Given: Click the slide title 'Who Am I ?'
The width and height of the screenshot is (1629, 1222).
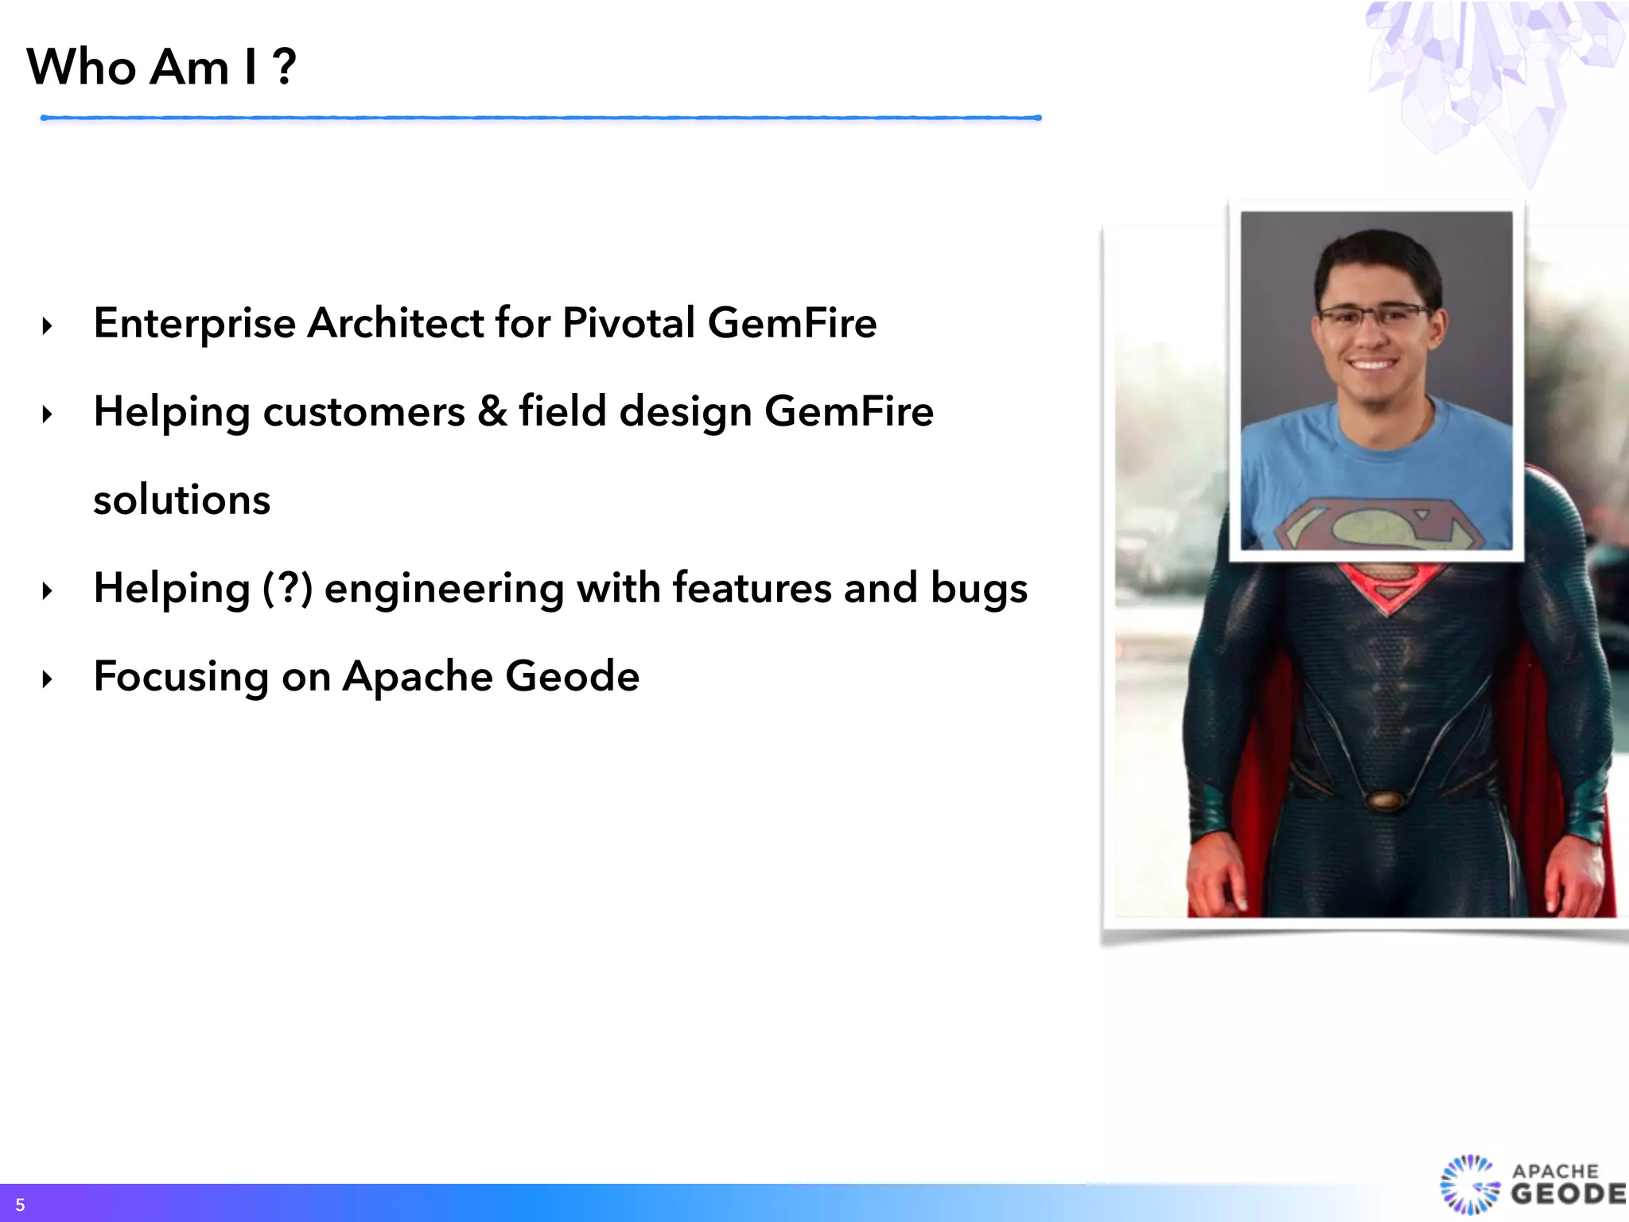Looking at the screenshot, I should [x=161, y=67].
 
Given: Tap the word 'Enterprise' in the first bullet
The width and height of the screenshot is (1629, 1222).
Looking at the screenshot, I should [x=195, y=324].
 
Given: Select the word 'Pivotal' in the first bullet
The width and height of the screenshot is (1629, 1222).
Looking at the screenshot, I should [x=628, y=323].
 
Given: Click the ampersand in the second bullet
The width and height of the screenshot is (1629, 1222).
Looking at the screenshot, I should [x=492, y=411].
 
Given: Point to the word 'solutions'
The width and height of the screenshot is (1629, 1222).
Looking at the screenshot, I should [x=182, y=500].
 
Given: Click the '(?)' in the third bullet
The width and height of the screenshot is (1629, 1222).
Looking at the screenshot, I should [x=287, y=589].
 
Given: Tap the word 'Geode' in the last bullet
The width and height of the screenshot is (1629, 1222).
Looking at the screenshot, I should [x=572, y=677].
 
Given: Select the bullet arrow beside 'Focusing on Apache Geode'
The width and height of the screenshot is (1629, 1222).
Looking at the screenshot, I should [x=48, y=679].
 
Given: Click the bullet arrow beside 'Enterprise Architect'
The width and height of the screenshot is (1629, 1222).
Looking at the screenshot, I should [x=48, y=326].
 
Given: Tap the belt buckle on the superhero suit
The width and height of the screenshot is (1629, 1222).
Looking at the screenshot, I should [x=1386, y=800].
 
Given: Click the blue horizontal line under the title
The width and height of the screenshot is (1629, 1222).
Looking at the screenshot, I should [x=541, y=118].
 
